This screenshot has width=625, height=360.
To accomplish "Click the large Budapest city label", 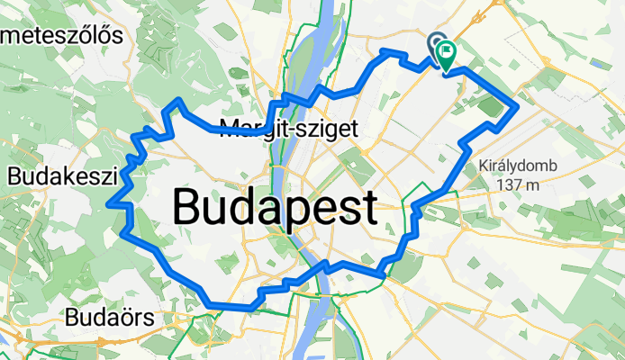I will click(275, 209).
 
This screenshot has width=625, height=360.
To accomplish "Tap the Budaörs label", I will click(110, 318).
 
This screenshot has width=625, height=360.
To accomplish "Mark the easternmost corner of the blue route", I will click(517, 108).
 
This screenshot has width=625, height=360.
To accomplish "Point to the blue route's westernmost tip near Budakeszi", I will click(109, 204).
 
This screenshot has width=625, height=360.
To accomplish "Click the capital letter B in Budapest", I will click(188, 209).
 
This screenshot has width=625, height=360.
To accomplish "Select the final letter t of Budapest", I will click(367, 209).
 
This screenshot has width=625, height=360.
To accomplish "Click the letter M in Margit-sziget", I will click(229, 128).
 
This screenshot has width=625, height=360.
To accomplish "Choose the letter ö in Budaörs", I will click(127, 318).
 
